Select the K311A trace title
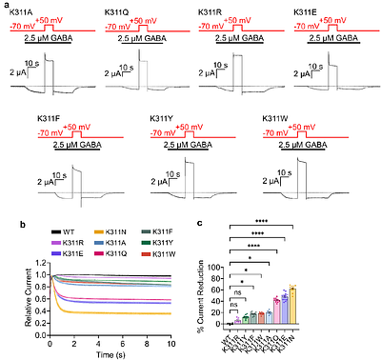click(21, 13)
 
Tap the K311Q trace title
click(116, 13)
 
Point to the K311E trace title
click(306, 13)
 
